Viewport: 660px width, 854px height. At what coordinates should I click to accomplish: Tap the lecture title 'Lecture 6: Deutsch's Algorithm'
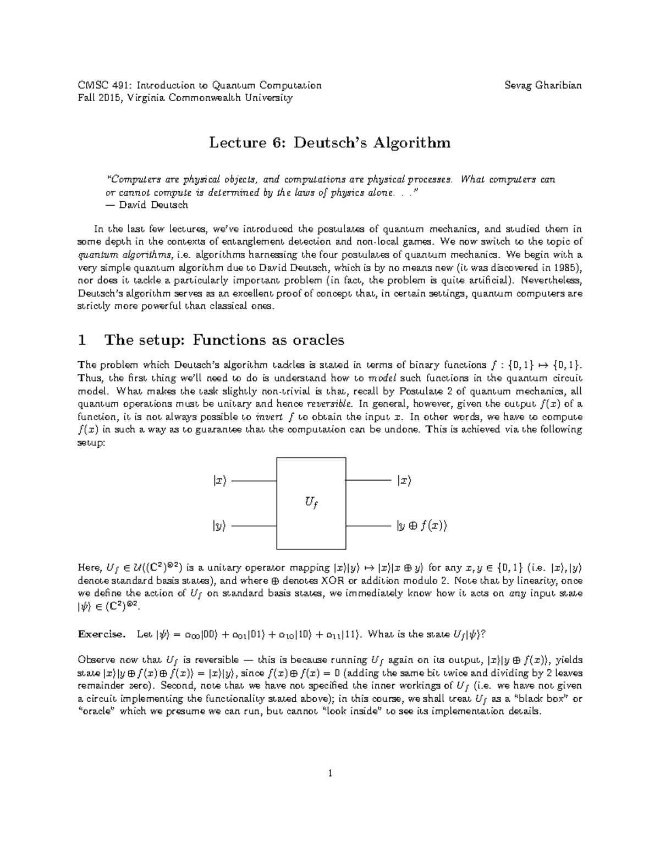coord(329,143)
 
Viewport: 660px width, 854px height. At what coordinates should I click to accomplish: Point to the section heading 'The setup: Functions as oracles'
coord(224,340)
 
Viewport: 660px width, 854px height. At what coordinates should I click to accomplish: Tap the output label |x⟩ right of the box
coord(404,481)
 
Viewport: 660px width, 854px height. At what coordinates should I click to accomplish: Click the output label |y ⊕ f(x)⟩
coord(422,526)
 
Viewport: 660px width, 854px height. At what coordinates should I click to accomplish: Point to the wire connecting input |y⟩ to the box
coord(254,526)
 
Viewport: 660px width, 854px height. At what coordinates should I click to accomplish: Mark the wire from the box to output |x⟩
coord(367,481)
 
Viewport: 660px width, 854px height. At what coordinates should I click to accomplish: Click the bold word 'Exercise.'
coord(102,634)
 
